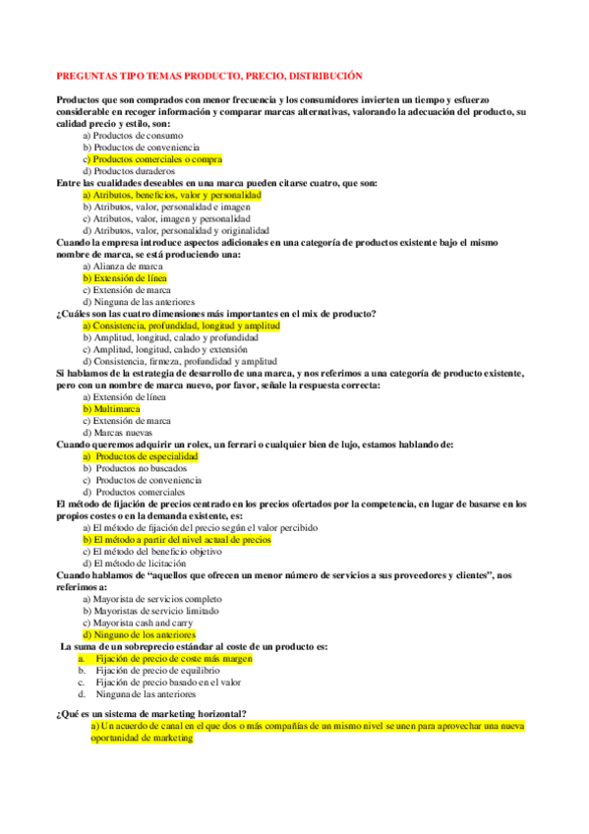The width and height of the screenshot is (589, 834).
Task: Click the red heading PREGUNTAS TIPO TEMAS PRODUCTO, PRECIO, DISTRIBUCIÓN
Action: click(x=209, y=75)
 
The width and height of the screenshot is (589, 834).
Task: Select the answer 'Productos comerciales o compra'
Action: click(x=153, y=158)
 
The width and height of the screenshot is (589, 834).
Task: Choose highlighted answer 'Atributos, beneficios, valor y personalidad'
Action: click(x=172, y=196)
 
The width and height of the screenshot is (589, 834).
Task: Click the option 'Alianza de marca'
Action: click(x=124, y=267)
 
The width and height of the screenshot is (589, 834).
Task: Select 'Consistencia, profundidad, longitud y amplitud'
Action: click(x=182, y=326)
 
